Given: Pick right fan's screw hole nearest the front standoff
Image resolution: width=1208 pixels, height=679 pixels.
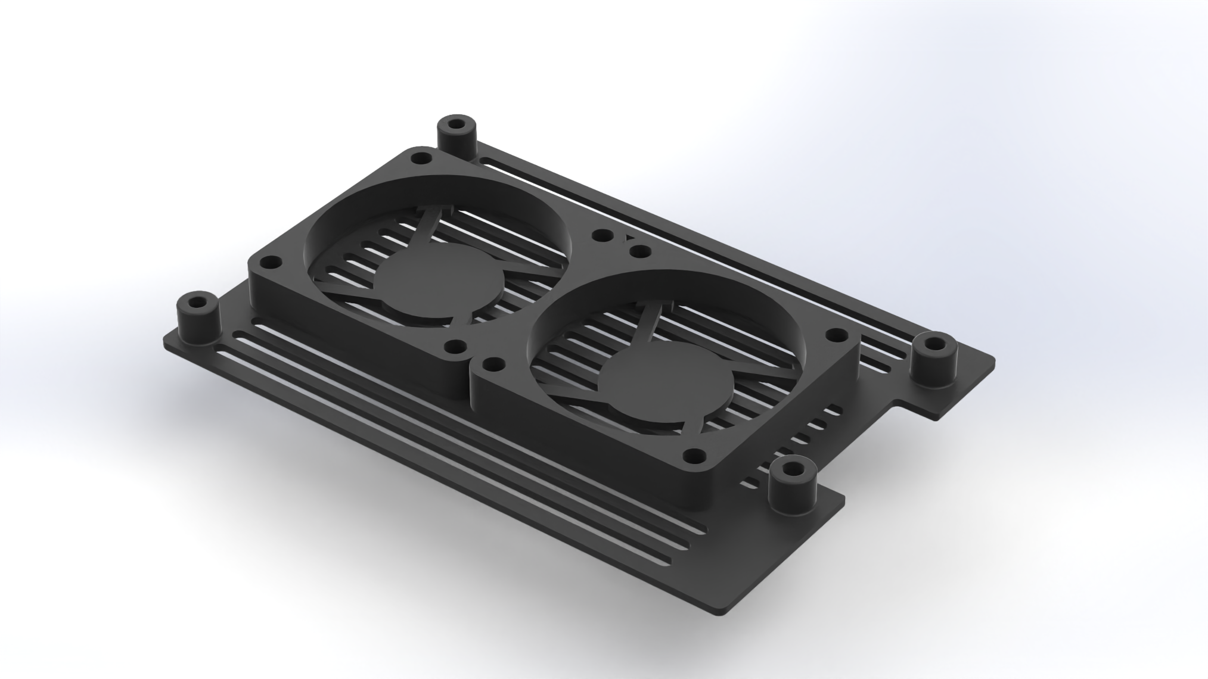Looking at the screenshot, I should pos(692,440).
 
